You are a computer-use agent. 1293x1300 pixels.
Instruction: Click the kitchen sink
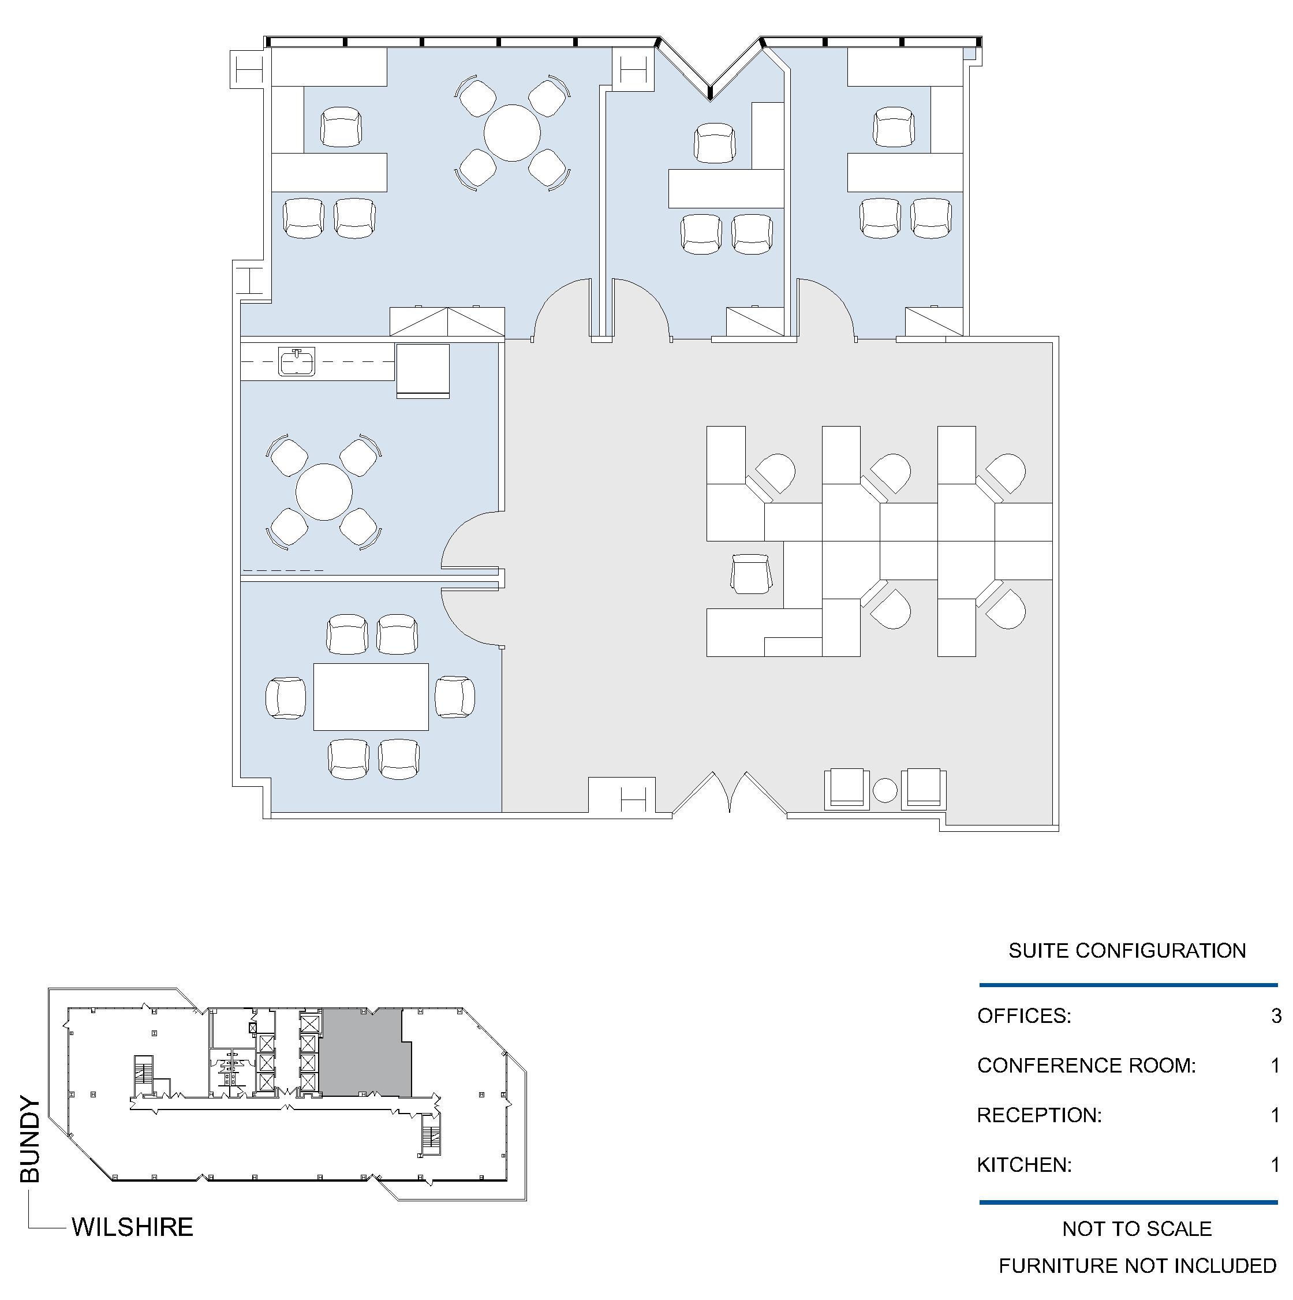[297, 361]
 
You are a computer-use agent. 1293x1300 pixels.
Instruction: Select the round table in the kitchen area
[324, 492]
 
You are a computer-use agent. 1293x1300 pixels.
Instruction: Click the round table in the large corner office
[512, 133]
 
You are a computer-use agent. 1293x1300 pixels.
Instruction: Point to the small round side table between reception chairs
[885, 790]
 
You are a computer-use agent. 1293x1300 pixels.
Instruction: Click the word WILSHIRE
[133, 1227]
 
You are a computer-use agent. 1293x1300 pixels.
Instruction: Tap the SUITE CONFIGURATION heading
[1127, 950]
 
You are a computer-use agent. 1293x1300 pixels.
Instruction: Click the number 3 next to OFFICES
[1276, 1015]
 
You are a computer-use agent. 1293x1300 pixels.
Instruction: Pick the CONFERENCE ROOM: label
[1086, 1065]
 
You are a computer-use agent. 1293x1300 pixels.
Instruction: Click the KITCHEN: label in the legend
[1025, 1165]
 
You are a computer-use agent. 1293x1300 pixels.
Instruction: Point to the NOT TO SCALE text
[1137, 1228]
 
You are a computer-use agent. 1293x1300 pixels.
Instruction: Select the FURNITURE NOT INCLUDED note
[1138, 1266]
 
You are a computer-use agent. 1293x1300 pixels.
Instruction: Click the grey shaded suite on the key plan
[365, 1052]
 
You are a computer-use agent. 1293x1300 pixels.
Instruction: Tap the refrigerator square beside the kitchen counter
[423, 371]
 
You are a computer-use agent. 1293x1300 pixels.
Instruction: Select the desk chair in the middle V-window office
[715, 143]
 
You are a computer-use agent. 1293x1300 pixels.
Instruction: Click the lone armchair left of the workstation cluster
[751, 574]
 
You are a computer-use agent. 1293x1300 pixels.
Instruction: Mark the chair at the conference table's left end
[286, 698]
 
